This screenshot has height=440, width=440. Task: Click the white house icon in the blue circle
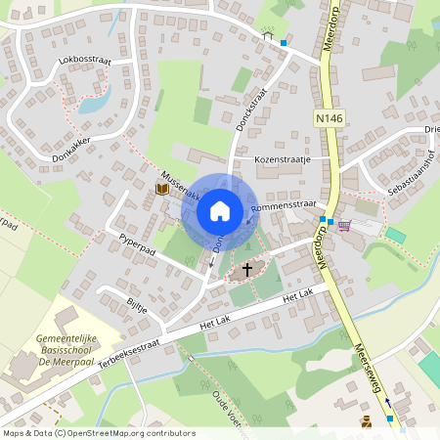[220, 210]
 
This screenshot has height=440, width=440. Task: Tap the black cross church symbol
[246, 269]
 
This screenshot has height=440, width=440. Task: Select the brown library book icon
[161, 189]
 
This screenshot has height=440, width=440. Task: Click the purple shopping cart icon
[344, 224]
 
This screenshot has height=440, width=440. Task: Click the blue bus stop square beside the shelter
[284, 43]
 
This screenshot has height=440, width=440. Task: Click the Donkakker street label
[69, 154]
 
